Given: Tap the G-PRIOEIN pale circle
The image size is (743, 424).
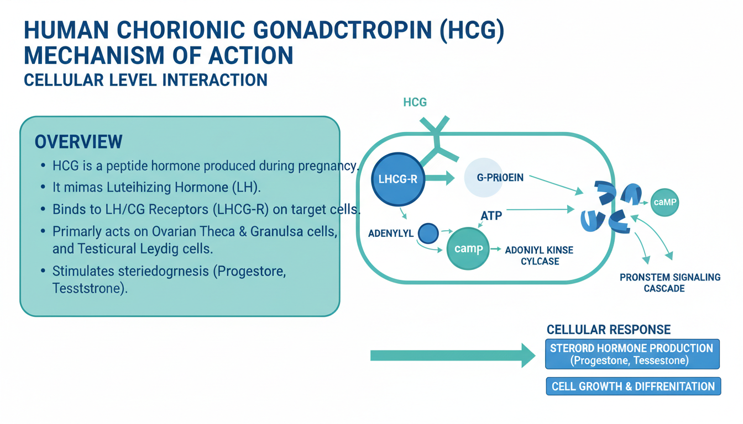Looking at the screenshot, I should pos(491,178).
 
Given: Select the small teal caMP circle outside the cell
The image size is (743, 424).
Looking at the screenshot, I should pos(664,203).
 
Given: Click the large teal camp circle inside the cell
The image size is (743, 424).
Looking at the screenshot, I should pos(468,248).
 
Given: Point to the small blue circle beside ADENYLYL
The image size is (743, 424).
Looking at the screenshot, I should pos(428,234).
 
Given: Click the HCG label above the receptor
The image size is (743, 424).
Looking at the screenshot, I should pos(415,102).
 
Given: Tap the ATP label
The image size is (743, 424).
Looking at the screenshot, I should pos(491,215).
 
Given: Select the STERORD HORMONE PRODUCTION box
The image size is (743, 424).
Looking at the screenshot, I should pos(632,354).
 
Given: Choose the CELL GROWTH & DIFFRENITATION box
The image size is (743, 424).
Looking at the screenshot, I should pos(633,386).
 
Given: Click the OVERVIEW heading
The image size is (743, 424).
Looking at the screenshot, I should pos(78,142).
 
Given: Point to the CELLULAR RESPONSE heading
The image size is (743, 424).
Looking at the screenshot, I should pos(608,330).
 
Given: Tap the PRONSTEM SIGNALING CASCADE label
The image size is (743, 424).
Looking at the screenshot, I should pos(669,283).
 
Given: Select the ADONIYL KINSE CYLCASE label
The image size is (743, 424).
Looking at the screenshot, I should pos(539,256).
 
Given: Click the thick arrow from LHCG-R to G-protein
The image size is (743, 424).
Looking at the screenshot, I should pos(439,178).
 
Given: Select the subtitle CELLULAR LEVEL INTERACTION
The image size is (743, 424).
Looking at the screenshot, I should pos(145,80).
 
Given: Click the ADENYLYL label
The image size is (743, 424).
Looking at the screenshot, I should pos(390,234).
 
